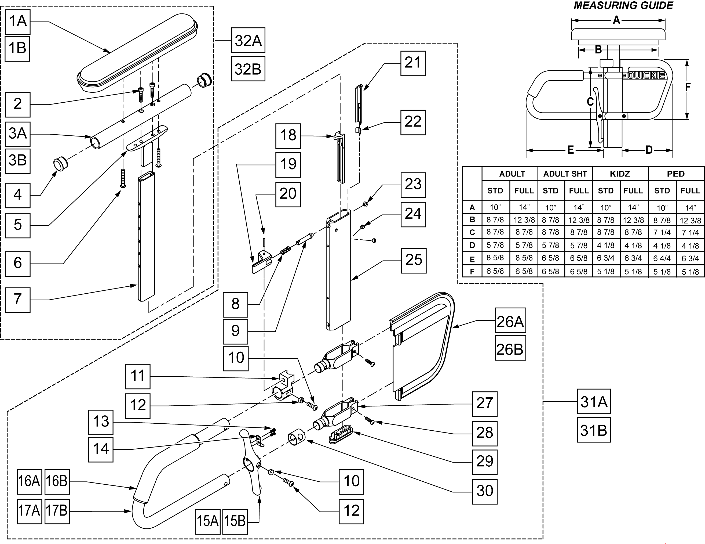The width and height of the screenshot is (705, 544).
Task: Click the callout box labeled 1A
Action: pos(18,22)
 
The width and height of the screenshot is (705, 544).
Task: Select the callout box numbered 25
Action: pos(413,260)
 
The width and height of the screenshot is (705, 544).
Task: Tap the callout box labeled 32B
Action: pos(248,69)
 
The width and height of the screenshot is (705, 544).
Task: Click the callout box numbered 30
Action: pos(484,491)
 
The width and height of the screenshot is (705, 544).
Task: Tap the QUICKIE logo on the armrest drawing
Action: pos(646,75)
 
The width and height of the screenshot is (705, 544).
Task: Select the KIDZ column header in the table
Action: pos(620,174)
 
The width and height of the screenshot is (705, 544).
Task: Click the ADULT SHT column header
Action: pos(565,174)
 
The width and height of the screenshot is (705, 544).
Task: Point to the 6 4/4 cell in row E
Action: pos(662,258)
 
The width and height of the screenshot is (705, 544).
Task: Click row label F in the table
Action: pos(472,271)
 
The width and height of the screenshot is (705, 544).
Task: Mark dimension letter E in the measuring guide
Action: pos(570,150)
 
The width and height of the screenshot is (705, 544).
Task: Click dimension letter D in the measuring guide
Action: pos(649,150)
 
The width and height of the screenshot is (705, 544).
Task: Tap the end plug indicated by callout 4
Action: pos(60,163)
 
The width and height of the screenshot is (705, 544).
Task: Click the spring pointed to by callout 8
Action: pos(285,250)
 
